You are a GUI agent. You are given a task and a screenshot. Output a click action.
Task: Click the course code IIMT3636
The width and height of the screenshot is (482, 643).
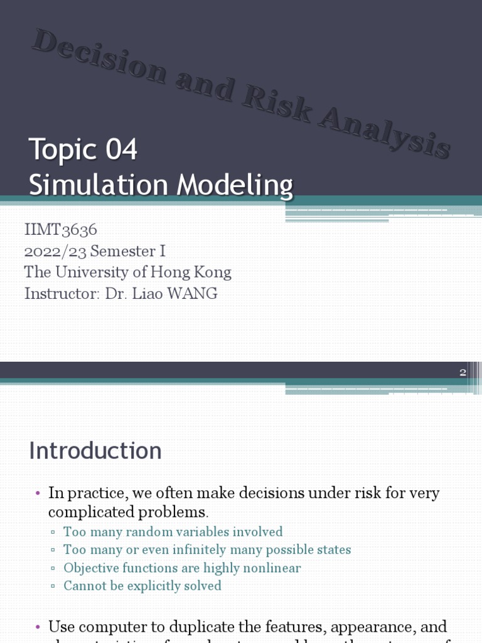click(61, 230)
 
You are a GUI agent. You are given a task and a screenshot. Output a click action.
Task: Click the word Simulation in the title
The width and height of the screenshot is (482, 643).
click(99, 185)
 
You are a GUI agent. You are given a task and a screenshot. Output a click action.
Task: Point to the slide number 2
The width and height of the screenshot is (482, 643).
click(463, 372)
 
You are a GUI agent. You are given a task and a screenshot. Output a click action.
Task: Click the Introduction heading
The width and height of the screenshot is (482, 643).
click(95, 451)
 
